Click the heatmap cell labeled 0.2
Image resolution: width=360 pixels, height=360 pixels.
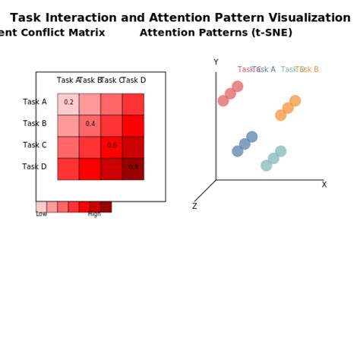[68, 103]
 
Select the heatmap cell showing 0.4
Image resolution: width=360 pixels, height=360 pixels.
[90, 124]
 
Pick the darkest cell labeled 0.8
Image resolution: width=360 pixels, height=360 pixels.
[133, 167]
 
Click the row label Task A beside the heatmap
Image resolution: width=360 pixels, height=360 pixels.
[35, 102]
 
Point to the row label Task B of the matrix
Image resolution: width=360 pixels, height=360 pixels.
[35, 123]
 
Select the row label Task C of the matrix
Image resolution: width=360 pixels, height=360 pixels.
[35, 145]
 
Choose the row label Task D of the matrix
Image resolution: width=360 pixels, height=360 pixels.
[34, 167]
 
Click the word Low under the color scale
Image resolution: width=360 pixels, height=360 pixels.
[41, 214]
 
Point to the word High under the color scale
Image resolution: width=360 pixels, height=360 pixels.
[94, 214]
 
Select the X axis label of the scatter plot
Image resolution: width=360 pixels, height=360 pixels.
[324, 185]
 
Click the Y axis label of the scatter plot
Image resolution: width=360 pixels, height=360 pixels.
[216, 63]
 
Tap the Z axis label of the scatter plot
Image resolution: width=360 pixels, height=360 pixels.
[194, 206]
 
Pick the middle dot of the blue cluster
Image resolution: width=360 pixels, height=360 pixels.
[245, 144]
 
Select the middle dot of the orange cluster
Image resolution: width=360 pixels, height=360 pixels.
[288, 108]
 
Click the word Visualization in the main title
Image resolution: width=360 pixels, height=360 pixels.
[306, 17]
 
